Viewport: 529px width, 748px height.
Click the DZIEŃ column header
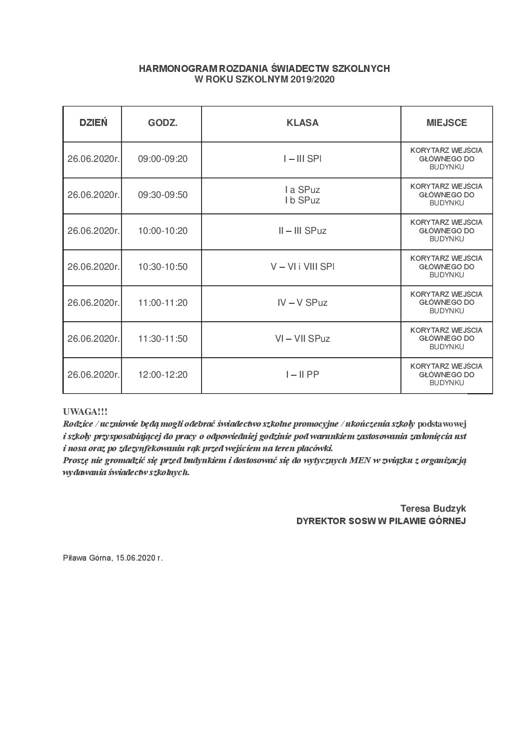tap(93, 123)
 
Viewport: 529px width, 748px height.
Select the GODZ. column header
tap(162, 123)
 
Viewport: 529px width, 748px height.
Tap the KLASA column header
tap(302, 123)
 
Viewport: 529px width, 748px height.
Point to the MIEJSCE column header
tap(446, 123)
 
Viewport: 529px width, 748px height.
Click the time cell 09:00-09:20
tap(162, 159)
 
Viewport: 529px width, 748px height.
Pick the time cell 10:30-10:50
tap(162, 267)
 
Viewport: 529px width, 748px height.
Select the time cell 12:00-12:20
tap(162, 375)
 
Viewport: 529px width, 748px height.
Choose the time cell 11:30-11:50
tap(162, 339)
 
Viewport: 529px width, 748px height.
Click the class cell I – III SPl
tap(302, 159)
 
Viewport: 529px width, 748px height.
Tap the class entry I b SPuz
tap(302, 200)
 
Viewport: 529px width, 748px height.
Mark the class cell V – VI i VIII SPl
tap(302, 267)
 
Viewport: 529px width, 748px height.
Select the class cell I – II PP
tap(302, 375)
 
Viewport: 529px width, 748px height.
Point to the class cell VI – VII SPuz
tap(302, 339)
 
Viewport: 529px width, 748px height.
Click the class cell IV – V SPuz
tap(302, 303)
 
